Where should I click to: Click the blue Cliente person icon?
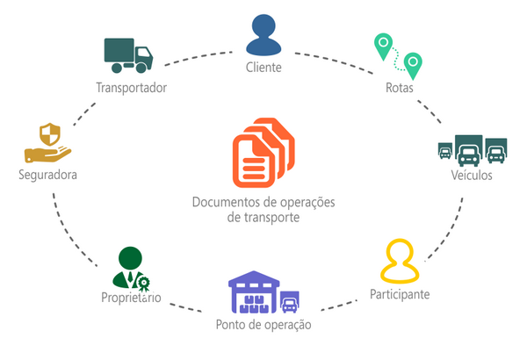[x=264, y=34]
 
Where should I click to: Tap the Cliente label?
[x=264, y=68]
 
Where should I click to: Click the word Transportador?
[x=131, y=88]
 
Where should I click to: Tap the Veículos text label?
[x=473, y=175]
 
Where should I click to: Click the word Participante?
[x=399, y=294]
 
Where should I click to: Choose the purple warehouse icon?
[x=256, y=292]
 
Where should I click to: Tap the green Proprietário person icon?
[x=129, y=269]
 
